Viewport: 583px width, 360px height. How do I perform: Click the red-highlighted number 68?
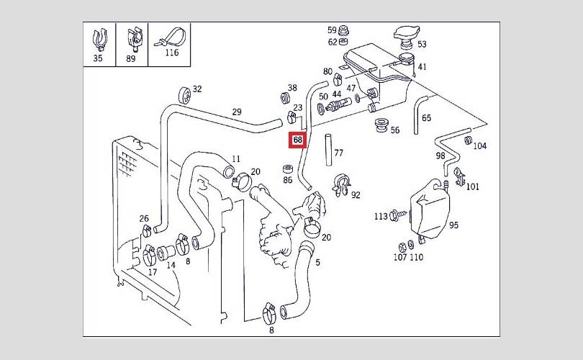coord(297,140)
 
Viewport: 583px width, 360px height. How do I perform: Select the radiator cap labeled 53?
coord(407,37)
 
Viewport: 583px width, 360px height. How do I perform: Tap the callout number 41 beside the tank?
coord(422,66)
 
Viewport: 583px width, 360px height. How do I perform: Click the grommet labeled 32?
coord(185,95)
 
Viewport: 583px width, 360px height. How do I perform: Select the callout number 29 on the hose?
coord(237,112)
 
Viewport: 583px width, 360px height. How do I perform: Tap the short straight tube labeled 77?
coord(328,150)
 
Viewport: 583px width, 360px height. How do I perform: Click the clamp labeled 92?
coord(341,184)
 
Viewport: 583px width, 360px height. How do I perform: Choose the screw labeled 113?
coord(399,216)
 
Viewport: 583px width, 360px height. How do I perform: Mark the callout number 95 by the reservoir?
coord(453,225)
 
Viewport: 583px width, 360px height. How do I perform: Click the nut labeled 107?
coord(402,247)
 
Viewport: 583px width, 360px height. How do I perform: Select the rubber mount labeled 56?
coord(380,125)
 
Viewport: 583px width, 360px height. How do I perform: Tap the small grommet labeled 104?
coord(469,140)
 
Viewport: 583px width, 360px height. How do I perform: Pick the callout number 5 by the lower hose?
coord(317,263)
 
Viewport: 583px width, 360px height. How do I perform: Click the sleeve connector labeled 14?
coord(166,253)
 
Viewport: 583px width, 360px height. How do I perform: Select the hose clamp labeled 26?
coord(147,230)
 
